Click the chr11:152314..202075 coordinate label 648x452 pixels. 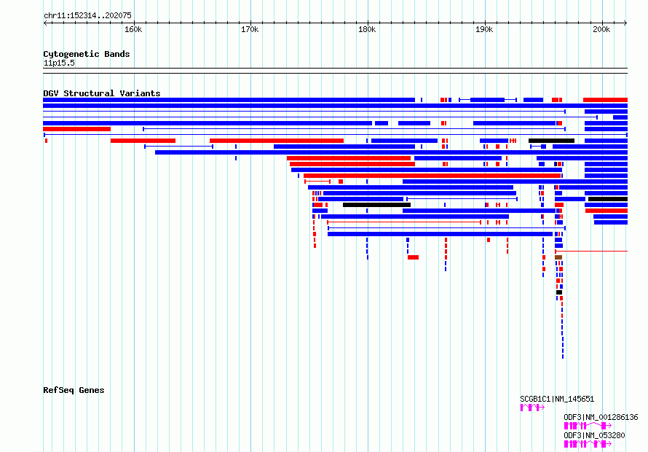[x=87, y=15]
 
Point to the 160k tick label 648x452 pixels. [x=133, y=29]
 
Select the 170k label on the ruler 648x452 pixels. [x=250, y=29]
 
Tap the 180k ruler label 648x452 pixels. [x=367, y=29]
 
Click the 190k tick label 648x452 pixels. [x=484, y=29]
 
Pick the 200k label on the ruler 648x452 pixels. [x=601, y=29]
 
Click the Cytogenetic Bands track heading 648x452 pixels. [x=87, y=54]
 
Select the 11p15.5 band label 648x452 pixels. [x=59, y=63]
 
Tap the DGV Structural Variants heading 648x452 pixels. [x=102, y=93]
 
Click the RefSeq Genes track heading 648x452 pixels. [x=74, y=390]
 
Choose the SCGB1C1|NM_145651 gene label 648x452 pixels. [x=557, y=399]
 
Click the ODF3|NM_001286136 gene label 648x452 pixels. [x=601, y=417]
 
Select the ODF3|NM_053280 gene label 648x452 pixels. [x=594, y=435]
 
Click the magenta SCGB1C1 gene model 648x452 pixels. [x=532, y=408]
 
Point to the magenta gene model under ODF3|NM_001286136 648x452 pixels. [x=588, y=426]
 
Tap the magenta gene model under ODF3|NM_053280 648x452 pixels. [x=588, y=444]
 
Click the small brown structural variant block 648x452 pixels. [x=558, y=257]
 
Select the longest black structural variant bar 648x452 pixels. [x=376, y=205]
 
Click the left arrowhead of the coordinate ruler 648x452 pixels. [x=44, y=23]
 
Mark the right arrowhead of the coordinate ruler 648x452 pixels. [x=625, y=23]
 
